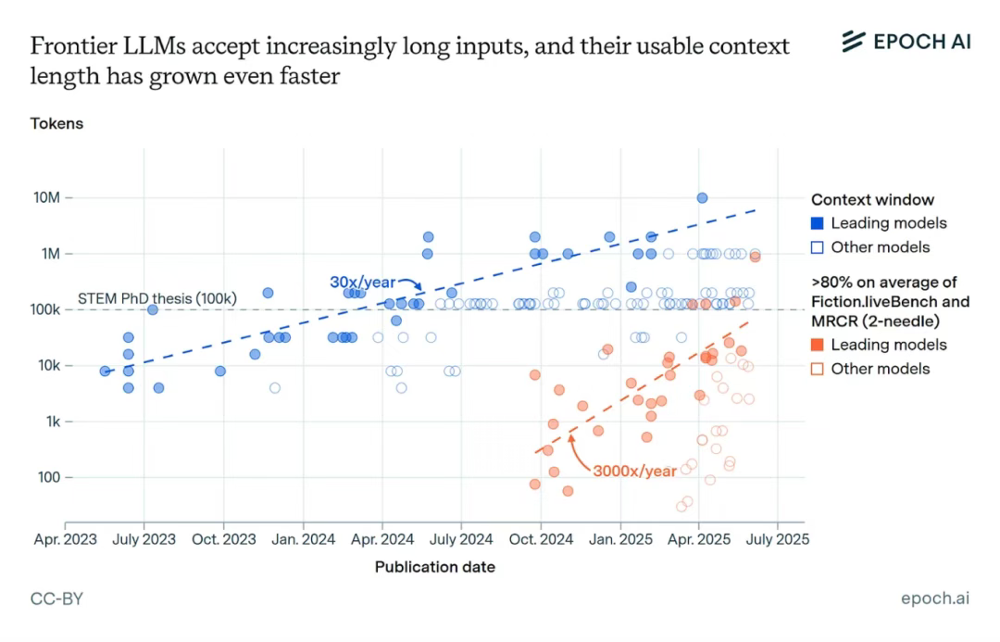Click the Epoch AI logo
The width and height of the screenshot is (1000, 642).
pos(906,41)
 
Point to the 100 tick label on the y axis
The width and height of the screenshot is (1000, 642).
pos(48,478)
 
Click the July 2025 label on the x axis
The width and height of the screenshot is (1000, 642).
pos(777,538)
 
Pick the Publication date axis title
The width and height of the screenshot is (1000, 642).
pos(434,567)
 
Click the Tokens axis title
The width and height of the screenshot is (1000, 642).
pos(56,123)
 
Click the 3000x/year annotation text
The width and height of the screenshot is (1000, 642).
pos(634,471)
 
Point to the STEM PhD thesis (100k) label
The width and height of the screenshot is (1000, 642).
pos(157,298)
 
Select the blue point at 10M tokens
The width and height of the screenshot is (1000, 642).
pos(702,198)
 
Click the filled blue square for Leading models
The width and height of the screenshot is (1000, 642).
pos(818,223)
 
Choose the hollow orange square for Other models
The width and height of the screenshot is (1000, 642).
pos(818,369)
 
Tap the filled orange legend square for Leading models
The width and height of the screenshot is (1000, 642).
pos(818,345)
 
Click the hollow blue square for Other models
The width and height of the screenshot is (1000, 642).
pos(818,247)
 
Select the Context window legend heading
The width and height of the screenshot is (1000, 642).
pos(872,199)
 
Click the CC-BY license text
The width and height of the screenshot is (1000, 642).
pos(56,598)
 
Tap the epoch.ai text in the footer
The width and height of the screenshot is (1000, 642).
pos(935,598)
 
